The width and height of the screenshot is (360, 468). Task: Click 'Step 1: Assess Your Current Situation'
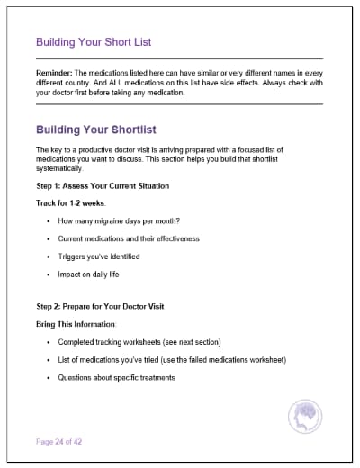coord(103,186)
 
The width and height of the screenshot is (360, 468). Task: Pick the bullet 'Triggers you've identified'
coord(99,256)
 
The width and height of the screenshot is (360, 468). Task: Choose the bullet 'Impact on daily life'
coord(88,274)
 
